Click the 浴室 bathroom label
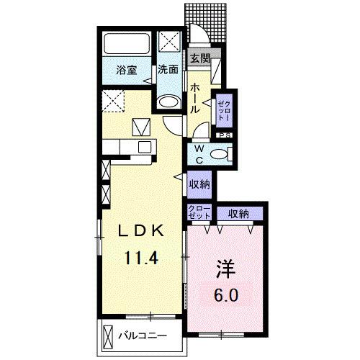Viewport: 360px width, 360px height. click(x=127, y=71)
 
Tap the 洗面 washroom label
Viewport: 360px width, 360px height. click(x=168, y=70)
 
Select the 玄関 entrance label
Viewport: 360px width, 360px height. click(x=200, y=58)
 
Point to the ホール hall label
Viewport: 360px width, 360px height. click(x=195, y=98)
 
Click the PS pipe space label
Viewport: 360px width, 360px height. click(x=225, y=135)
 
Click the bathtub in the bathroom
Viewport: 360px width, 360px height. click(x=127, y=44)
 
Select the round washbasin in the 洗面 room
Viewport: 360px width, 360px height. click(x=169, y=102)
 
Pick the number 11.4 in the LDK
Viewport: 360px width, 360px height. click(x=140, y=258)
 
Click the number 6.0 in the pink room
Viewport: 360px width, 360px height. click(x=226, y=295)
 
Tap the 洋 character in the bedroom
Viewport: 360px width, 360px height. click(x=225, y=269)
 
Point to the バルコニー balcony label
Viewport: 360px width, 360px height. click(x=143, y=336)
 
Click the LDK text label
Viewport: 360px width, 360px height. click(x=140, y=231)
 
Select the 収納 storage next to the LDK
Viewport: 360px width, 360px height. click(x=199, y=184)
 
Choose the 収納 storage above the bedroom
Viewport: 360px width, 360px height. click(x=240, y=213)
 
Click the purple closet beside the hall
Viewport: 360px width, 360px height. click(x=225, y=110)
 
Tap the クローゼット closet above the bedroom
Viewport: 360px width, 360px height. click(x=199, y=212)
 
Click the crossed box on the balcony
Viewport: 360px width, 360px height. click(x=107, y=337)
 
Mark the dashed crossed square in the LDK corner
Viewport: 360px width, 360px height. click(x=113, y=101)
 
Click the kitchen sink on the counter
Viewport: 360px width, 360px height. click(x=145, y=146)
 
